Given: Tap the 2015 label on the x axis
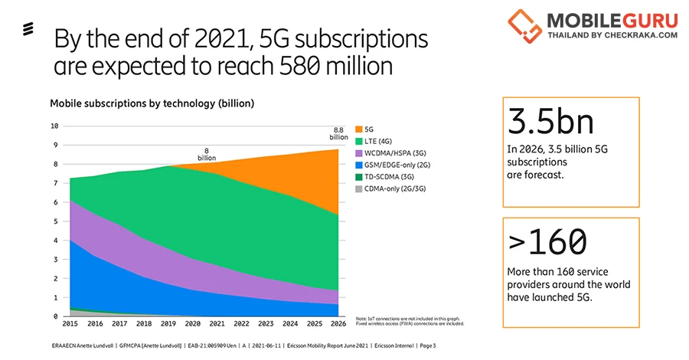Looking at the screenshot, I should coord(70,325).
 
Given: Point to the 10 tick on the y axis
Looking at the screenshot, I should coord(54,126).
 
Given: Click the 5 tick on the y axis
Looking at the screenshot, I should coord(55,221).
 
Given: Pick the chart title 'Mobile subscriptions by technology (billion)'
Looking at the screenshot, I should coord(152,103).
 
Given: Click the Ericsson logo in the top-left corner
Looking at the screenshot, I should coord(27,31).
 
